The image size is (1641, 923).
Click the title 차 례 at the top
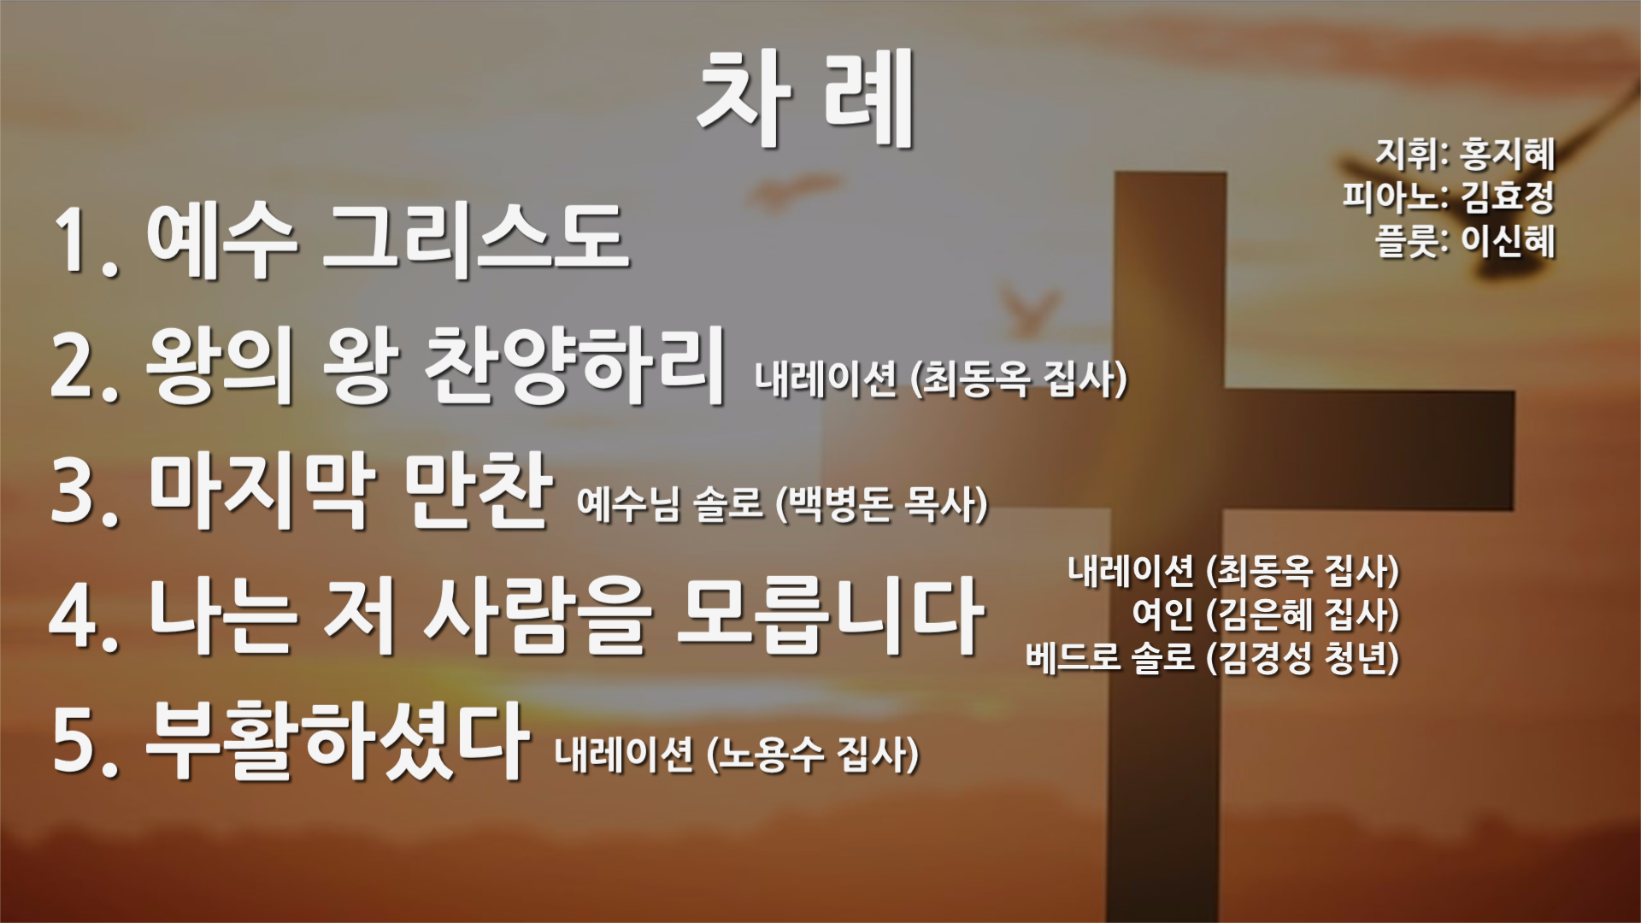[806, 98]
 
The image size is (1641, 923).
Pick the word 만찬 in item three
[477, 490]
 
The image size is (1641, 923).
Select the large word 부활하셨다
[336, 739]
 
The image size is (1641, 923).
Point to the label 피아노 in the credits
[1390, 197]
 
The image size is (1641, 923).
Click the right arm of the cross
[1367, 450]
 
